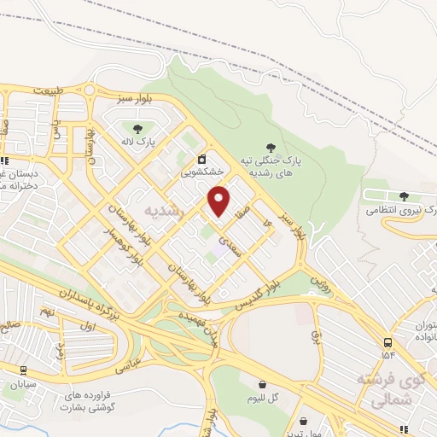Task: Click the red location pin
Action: (x=219, y=200)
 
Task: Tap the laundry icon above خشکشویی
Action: (x=202, y=158)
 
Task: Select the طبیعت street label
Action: (x=50, y=90)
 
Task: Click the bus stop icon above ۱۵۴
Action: (x=389, y=341)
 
